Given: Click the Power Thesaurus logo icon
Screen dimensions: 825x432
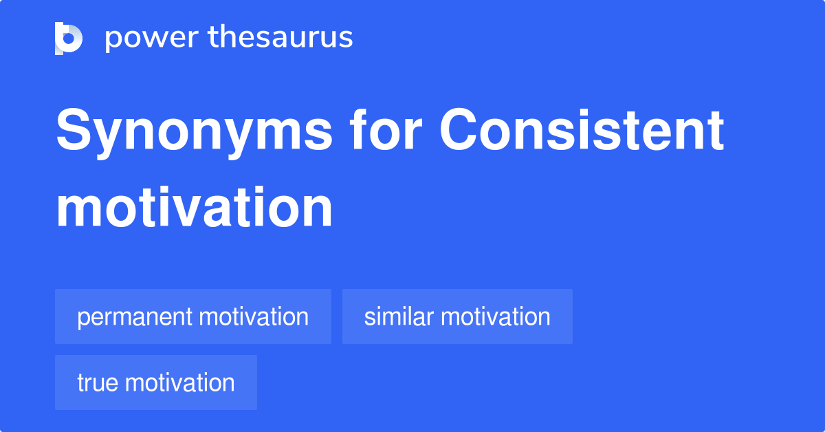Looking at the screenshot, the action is [69, 39].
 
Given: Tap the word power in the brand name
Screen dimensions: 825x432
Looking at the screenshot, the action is [152, 39].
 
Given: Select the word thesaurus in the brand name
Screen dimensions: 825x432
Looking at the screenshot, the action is [280, 36].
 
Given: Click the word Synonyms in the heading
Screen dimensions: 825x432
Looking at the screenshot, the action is [194, 133].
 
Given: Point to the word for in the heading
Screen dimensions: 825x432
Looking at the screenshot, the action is [386, 129].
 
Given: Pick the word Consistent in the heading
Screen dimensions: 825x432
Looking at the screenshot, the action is [582, 129].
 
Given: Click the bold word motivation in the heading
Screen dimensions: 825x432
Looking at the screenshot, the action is [194, 208].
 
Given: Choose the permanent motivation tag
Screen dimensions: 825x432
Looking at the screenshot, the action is [193, 316].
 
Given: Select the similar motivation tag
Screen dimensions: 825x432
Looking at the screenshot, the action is [457, 316].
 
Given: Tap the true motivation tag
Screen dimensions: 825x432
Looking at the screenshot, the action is [156, 382].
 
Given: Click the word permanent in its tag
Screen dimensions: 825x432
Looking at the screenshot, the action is [135, 318].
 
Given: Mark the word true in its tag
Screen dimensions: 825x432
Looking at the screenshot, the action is [98, 382].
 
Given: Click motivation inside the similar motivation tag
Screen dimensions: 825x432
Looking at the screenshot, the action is [496, 316].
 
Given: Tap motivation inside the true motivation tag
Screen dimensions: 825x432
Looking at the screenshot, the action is [179, 382].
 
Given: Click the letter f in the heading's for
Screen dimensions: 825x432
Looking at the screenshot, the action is [359, 129].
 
